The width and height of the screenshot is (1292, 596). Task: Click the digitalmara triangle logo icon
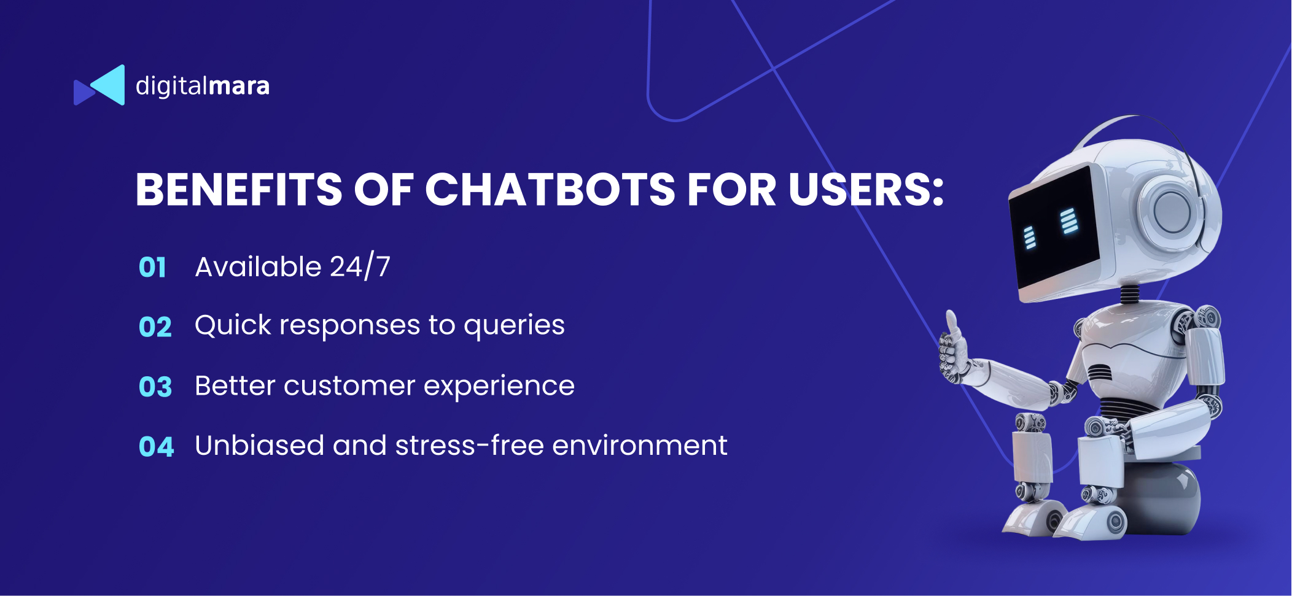click(x=99, y=85)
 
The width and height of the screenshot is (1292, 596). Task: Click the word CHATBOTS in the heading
click(x=550, y=189)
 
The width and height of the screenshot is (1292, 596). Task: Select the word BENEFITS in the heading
click(x=239, y=189)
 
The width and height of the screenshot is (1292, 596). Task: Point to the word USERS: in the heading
click(x=866, y=189)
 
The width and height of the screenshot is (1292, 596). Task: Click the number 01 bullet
click(x=153, y=268)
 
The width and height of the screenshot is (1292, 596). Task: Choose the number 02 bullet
click(x=155, y=327)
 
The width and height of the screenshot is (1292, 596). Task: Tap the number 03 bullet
click(x=155, y=387)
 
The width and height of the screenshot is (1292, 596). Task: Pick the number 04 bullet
click(x=157, y=446)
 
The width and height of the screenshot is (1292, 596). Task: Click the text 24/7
click(x=360, y=267)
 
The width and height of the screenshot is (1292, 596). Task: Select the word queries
click(x=514, y=326)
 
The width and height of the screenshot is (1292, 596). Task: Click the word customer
click(x=349, y=386)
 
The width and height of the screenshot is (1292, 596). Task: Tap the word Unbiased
click(x=260, y=445)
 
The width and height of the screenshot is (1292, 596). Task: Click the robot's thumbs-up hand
click(x=954, y=349)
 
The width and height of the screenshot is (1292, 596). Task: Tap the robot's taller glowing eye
click(x=1069, y=221)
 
